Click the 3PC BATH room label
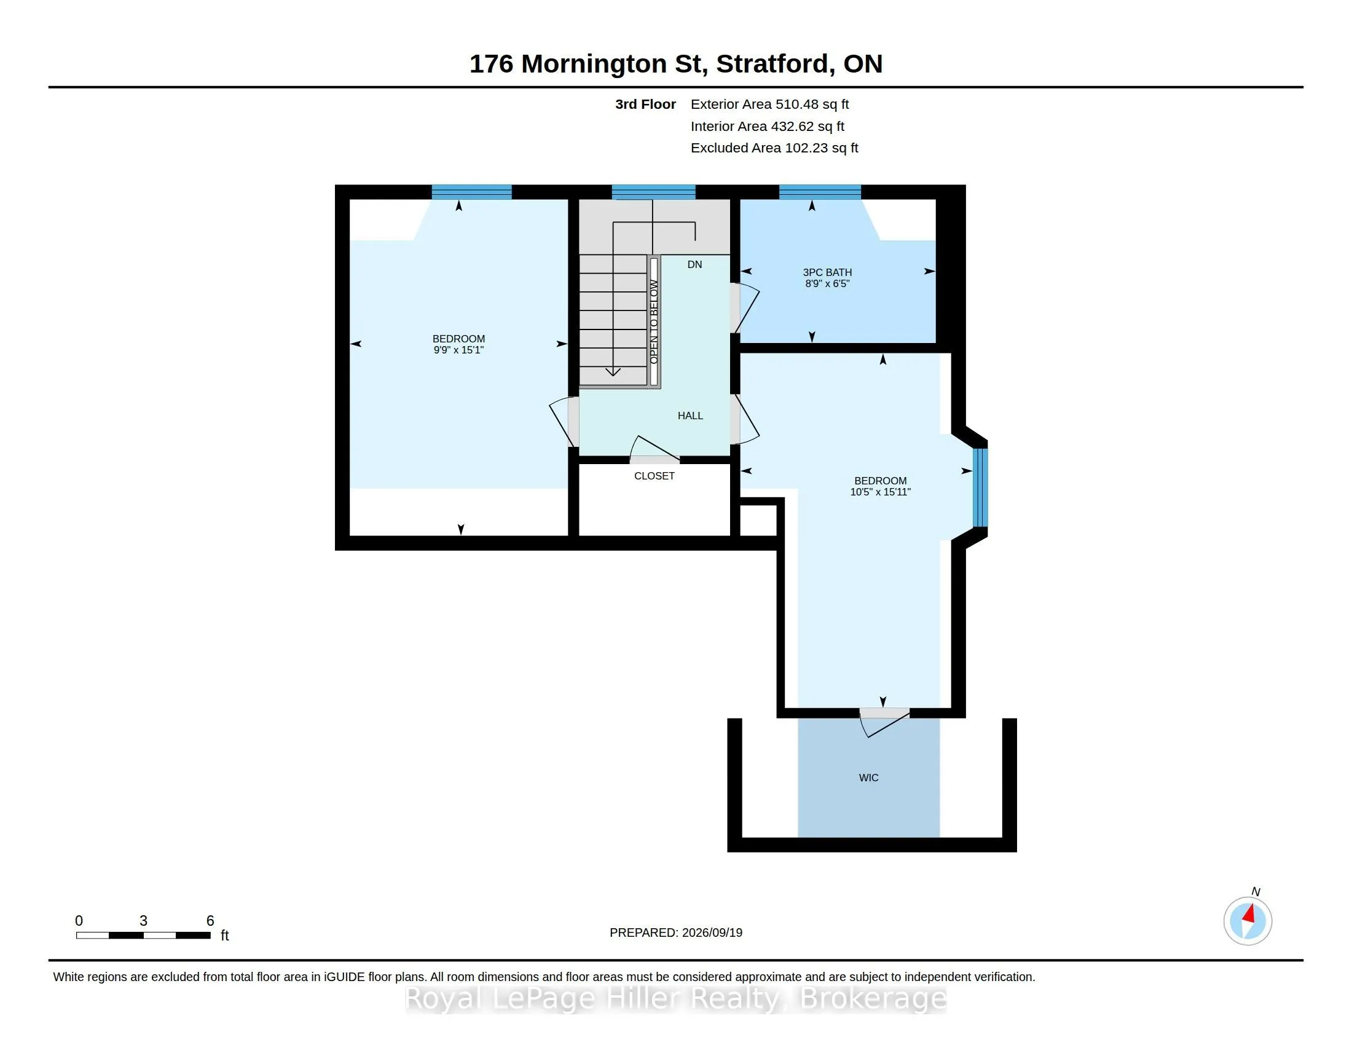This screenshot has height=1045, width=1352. (x=827, y=272)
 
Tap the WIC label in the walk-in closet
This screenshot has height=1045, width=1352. (x=868, y=778)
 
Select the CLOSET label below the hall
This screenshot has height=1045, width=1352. (x=654, y=476)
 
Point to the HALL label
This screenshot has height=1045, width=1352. (x=690, y=416)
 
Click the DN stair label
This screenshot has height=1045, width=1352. (x=694, y=264)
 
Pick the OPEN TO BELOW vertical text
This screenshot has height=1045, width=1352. (x=654, y=322)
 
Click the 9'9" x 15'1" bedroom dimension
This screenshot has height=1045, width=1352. (x=458, y=350)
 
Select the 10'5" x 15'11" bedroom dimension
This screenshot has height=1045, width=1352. (x=880, y=492)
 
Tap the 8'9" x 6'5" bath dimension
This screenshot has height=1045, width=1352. (x=827, y=283)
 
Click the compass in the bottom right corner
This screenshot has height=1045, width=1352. (x=1248, y=921)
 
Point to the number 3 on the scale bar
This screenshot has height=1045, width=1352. (x=144, y=921)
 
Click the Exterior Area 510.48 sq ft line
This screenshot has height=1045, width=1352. (x=769, y=104)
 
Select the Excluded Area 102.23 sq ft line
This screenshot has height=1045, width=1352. (x=774, y=148)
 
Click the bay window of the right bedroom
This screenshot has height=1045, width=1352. (x=980, y=487)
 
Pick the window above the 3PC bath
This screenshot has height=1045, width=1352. (x=820, y=192)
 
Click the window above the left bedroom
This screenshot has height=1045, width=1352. (x=472, y=192)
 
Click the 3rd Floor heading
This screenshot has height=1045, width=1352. (x=645, y=104)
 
